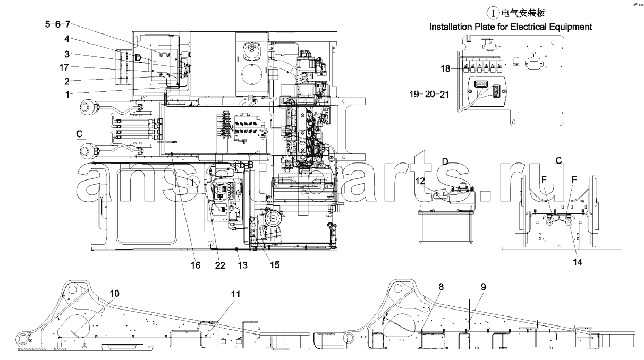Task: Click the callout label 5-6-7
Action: (57, 24)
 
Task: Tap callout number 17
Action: (64, 67)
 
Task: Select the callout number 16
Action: (195, 265)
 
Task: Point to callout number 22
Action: (220, 265)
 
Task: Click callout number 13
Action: (243, 265)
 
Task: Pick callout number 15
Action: (275, 264)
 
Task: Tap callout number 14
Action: (578, 262)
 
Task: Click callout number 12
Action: (420, 181)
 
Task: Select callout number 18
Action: (445, 68)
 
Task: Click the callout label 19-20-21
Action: (429, 94)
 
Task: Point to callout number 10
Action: (114, 293)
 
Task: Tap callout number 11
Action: (235, 294)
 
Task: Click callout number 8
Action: (441, 286)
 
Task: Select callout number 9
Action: (484, 286)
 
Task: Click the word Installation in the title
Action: (450, 27)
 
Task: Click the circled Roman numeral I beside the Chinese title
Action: (493, 13)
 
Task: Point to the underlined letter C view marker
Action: (79, 134)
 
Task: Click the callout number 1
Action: (67, 95)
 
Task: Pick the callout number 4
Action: (67, 39)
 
